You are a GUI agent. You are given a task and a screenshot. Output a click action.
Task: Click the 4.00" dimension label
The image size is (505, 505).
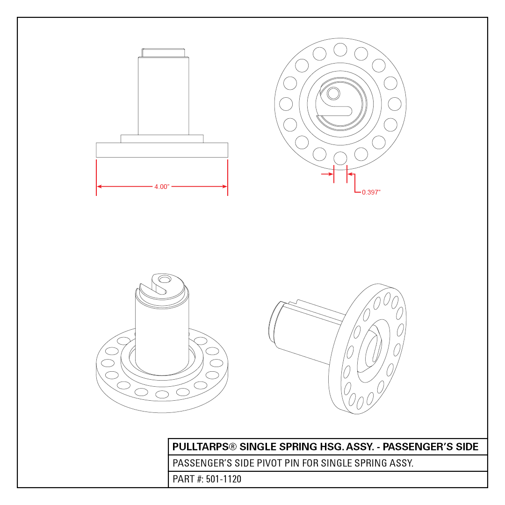162,187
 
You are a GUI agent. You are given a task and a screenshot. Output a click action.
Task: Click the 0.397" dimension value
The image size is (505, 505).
371,192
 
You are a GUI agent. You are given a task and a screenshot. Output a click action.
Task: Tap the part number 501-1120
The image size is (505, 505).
224,479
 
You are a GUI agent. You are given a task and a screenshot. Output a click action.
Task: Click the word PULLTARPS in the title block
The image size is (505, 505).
200,447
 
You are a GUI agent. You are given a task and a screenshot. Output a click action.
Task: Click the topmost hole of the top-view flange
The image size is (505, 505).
340,50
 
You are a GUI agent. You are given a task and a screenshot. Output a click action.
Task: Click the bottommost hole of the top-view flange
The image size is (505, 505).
340,159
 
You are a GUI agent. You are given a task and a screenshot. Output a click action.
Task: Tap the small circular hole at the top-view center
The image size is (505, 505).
333,94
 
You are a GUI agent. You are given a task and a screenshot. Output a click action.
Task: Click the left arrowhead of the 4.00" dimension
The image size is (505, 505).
99,187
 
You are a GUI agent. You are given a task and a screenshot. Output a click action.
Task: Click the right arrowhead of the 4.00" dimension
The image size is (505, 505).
225,187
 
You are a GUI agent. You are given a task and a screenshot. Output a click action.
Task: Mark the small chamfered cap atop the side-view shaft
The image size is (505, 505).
163,53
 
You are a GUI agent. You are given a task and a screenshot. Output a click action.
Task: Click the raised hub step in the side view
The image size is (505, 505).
162,139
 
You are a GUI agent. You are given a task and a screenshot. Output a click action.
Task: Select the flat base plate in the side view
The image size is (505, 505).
162,150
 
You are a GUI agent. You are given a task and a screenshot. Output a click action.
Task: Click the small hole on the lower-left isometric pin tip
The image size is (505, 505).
165,279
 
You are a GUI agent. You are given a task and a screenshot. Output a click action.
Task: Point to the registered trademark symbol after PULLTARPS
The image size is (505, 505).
232,447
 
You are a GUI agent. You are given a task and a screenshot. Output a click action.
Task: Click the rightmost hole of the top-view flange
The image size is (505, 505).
395,104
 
